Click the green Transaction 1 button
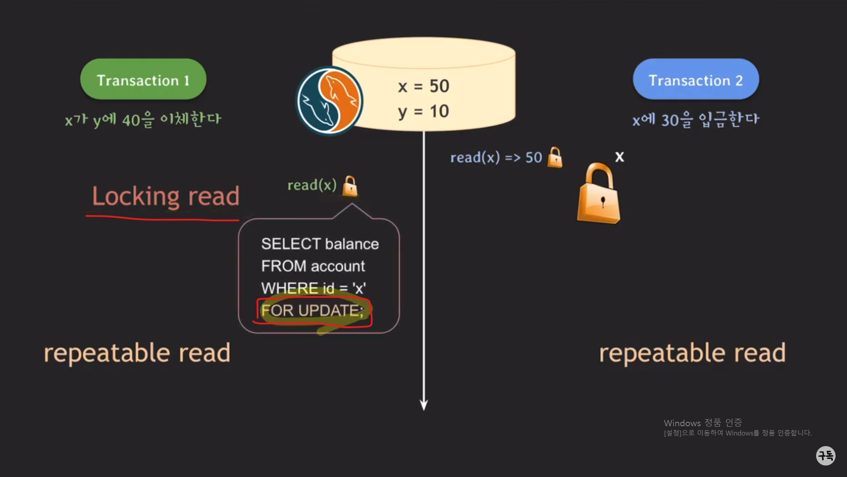[x=143, y=79]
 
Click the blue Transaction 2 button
[x=696, y=79]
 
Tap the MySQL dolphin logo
[x=329, y=101]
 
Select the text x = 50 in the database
[x=423, y=86]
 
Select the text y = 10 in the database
[x=423, y=111]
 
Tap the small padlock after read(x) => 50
[x=555, y=158]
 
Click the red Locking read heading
[x=165, y=196]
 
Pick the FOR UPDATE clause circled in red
[x=312, y=310]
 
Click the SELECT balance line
[x=320, y=244]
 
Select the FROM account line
[x=313, y=266]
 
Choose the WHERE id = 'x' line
[x=313, y=288]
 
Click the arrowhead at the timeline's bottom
[x=424, y=405]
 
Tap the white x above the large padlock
[x=619, y=157]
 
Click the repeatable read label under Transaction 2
[x=692, y=353]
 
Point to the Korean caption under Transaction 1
[x=143, y=119]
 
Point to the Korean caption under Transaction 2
[x=696, y=119]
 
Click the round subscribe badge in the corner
[x=825, y=455]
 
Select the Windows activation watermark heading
[x=703, y=423]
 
